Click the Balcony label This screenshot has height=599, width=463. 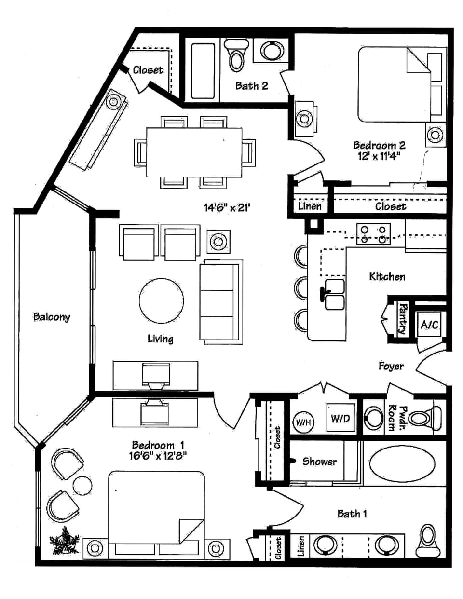[x=52, y=317]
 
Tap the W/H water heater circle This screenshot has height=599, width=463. [x=303, y=422]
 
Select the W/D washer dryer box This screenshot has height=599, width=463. [x=340, y=418]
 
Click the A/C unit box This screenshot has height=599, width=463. [x=429, y=325]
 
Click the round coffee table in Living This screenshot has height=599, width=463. [x=161, y=300]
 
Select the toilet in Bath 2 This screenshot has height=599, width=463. [x=236, y=54]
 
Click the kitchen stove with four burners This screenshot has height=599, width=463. [x=373, y=233]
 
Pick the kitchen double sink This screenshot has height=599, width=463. [x=334, y=294]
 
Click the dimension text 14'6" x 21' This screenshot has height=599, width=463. [x=226, y=208]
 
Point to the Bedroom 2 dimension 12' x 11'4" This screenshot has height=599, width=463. [x=379, y=156]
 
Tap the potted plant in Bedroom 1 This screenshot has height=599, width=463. [x=64, y=541]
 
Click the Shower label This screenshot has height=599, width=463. [x=319, y=462]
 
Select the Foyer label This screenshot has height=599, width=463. [x=391, y=366]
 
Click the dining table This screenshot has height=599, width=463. [x=194, y=152]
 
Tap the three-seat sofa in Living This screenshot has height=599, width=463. [x=220, y=301]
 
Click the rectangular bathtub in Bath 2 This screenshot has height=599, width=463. [x=203, y=71]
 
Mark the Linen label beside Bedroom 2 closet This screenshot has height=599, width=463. [x=309, y=206]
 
